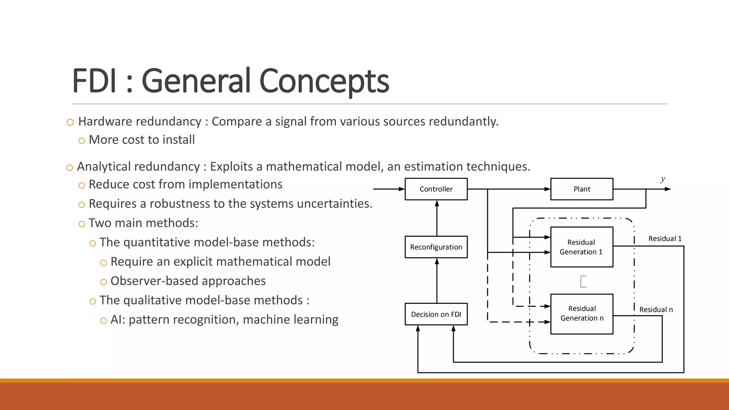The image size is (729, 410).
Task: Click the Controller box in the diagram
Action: [x=436, y=189]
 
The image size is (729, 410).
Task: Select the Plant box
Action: [x=582, y=189]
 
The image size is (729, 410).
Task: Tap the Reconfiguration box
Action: [x=436, y=247]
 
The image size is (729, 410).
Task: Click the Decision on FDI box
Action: [x=436, y=314]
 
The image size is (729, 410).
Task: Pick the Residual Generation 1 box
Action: [x=582, y=247]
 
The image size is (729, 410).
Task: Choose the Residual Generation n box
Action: [x=582, y=314]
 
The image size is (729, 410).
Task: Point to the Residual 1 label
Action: [x=665, y=238]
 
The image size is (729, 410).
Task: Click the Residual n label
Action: [x=656, y=310]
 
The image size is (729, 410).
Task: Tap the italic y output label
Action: [x=662, y=179]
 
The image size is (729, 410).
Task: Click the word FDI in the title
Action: [x=94, y=81]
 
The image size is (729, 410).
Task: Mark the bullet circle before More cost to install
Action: [x=82, y=141]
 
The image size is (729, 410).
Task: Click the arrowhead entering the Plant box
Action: [x=547, y=189]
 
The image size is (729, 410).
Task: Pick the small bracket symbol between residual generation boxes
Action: [x=583, y=281]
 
